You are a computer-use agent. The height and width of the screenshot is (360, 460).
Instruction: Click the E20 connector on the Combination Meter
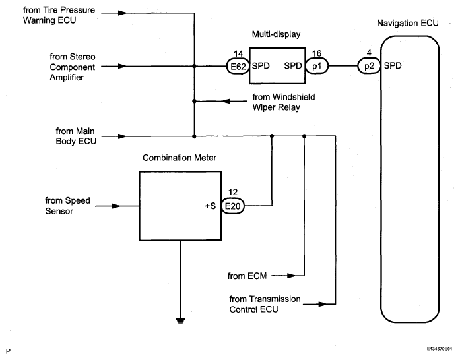[232, 206]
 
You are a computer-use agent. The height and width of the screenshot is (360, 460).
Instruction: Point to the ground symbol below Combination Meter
[180, 320]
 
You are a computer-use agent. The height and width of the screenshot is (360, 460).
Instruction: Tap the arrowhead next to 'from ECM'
[280, 275]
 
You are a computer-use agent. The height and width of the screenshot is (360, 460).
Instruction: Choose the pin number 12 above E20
[232, 192]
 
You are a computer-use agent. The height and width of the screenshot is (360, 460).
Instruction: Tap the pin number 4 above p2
[367, 52]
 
